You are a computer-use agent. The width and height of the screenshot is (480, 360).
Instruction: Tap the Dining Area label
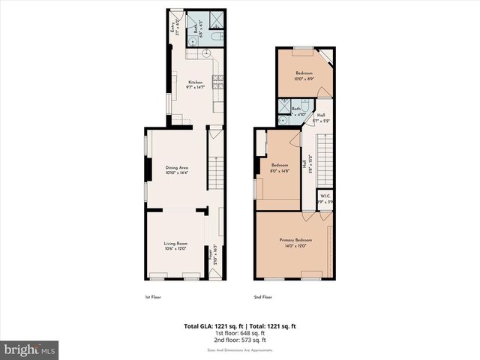[x=175, y=170]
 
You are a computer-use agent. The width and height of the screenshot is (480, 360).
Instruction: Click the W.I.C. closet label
[x=325, y=199]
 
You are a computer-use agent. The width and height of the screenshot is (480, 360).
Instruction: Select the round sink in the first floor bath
[x=193, y=41]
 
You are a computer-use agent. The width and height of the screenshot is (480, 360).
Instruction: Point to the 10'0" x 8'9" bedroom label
[x=304, y=76]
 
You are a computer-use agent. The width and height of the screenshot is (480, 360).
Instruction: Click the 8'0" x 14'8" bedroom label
[x=280, y=168]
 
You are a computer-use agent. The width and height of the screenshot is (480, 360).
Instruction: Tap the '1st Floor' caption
[x=154, y=298]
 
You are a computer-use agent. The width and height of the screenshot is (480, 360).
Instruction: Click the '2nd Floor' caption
[x=263, y=298]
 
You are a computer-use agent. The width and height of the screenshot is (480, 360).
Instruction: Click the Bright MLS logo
[x=30, y=349]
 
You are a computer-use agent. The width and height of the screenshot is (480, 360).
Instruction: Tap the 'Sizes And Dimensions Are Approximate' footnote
[x=240, y=349]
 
